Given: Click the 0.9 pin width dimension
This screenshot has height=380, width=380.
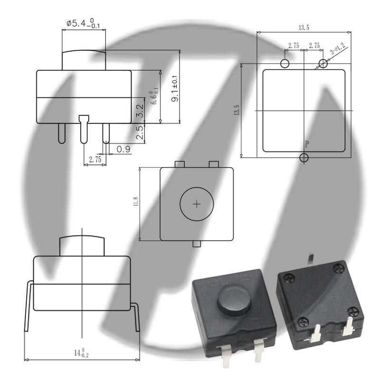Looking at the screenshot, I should pos(123,149).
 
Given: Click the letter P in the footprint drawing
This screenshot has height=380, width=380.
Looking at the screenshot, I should pos(306,143).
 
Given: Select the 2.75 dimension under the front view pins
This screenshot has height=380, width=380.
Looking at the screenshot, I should pos(95,160).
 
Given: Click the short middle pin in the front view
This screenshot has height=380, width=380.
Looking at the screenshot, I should pos(84,128).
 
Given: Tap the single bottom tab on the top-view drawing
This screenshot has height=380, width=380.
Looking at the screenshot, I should pos(197,244).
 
